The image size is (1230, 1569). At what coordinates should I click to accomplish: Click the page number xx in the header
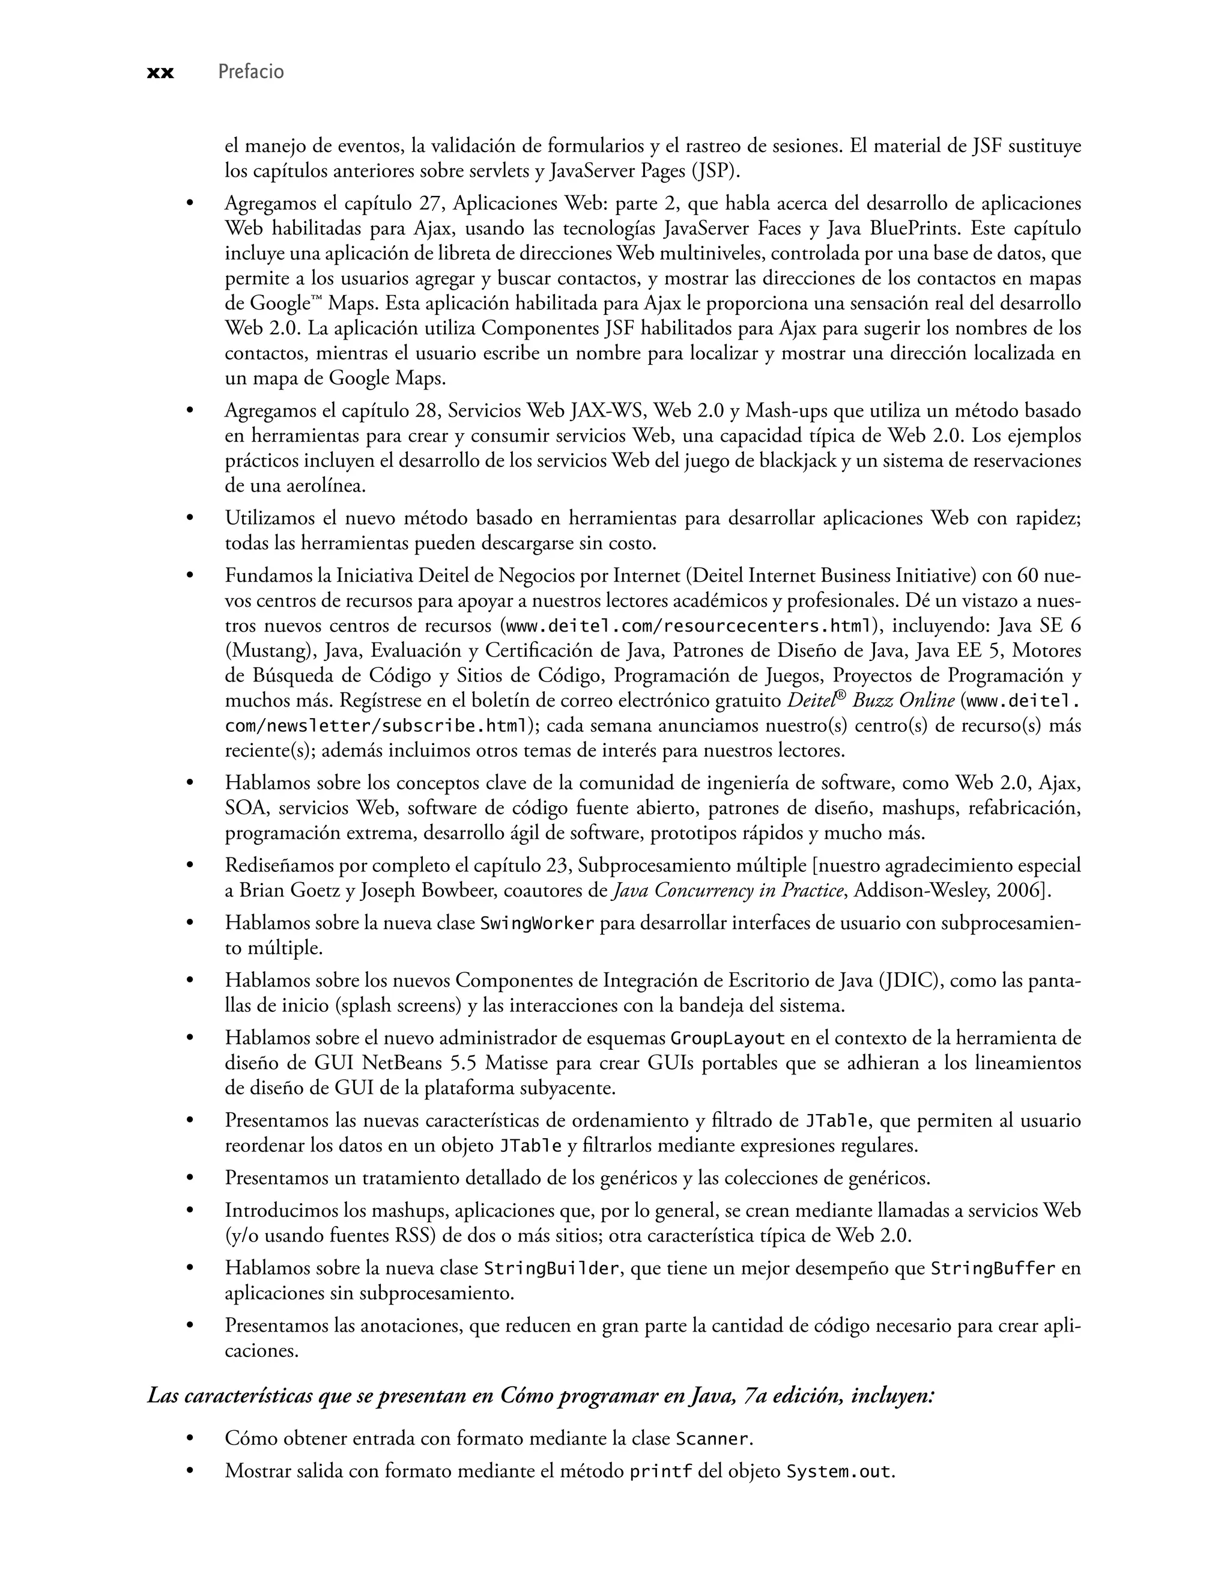(x=160, y=73)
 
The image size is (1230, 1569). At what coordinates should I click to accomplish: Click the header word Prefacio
(x=250, y=72)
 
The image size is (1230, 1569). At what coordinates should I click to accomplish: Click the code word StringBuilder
(x=551, y=1269)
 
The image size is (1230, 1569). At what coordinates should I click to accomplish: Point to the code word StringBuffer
(x=993, y=1269)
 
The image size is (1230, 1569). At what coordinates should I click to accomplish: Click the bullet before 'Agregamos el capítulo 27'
(x=190, y=204)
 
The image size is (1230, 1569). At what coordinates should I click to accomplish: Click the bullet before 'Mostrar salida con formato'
(x=190, y=1472)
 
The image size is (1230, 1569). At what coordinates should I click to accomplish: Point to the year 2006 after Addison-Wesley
(x=1017, y=891)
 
